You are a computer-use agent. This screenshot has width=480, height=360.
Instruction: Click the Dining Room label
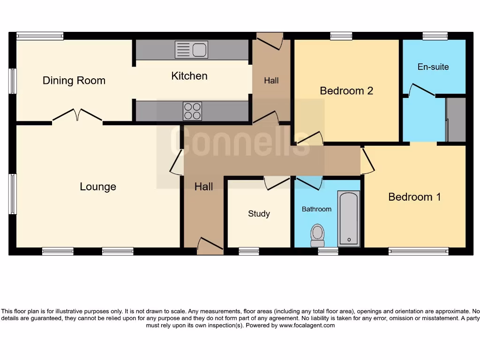74,81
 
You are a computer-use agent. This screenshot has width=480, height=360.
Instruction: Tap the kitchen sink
191,50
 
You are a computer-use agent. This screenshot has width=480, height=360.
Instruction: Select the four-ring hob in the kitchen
192,111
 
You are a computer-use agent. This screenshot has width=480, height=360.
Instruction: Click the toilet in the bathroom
318,234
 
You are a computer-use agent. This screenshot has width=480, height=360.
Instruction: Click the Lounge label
98,187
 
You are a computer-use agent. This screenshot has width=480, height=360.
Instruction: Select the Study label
259,214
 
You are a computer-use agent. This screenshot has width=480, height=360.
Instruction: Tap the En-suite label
433,67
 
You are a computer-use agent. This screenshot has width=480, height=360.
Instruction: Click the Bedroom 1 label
414,197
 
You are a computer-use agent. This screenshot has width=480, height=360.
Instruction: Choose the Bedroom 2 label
346,91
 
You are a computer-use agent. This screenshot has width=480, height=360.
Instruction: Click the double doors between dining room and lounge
77,116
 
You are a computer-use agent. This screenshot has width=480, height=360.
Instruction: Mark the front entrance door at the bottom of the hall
210,246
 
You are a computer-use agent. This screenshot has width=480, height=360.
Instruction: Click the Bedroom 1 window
419,252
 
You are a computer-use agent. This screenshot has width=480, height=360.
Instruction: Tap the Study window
249,252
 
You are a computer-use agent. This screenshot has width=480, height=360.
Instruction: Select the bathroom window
328,252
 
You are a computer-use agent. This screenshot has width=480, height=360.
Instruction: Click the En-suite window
435,36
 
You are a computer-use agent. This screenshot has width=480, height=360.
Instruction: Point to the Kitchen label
189,76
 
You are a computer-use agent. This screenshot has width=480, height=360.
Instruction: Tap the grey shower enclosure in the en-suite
456,120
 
